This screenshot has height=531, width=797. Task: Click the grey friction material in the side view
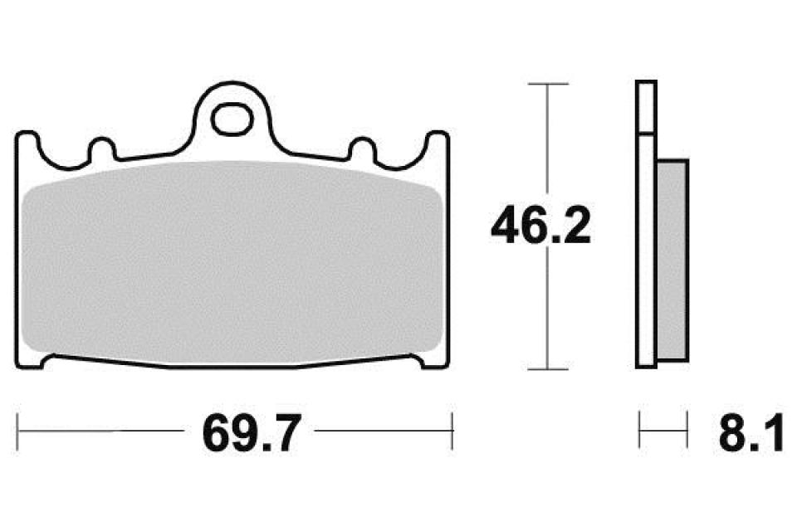(x=672, y=259)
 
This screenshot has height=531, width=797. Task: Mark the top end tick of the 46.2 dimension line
(x=547, y=84)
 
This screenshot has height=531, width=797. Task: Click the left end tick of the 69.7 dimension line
(x=18, y=431)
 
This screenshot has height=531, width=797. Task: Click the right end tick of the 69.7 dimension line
(x=452, y=431)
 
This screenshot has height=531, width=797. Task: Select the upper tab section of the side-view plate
(x=647, y=106)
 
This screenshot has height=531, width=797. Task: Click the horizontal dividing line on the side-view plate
(x=647, y=132)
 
